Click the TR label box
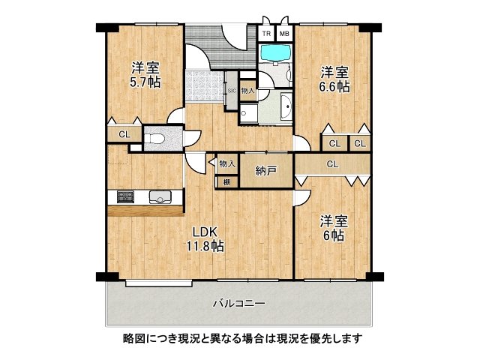click(x=266, y=34)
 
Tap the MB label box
click(x=285, y=34)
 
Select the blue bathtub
click(x=276, y=55)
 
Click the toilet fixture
click(x=155, y=138)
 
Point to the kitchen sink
click(x=160, y=197)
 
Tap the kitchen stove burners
click(x=123, y=197)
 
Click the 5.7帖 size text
click(x=143, y=82)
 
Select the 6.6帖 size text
click(x=333, y=88)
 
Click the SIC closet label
click(x=232, y=90)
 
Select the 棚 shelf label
click(x=226, y=181)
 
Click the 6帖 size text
click(x=332, y=235)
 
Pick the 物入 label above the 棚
click(x=226, y=163)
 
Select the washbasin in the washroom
click(x=286, y=108)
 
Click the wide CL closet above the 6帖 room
click(x=331, y=163)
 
